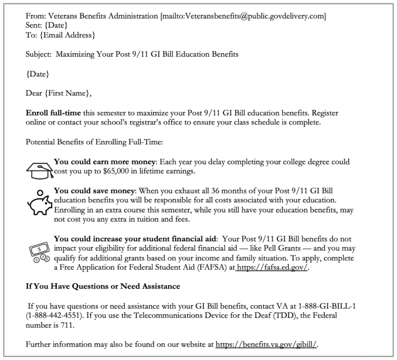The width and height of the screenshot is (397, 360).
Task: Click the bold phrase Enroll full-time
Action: tap(53, 113)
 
